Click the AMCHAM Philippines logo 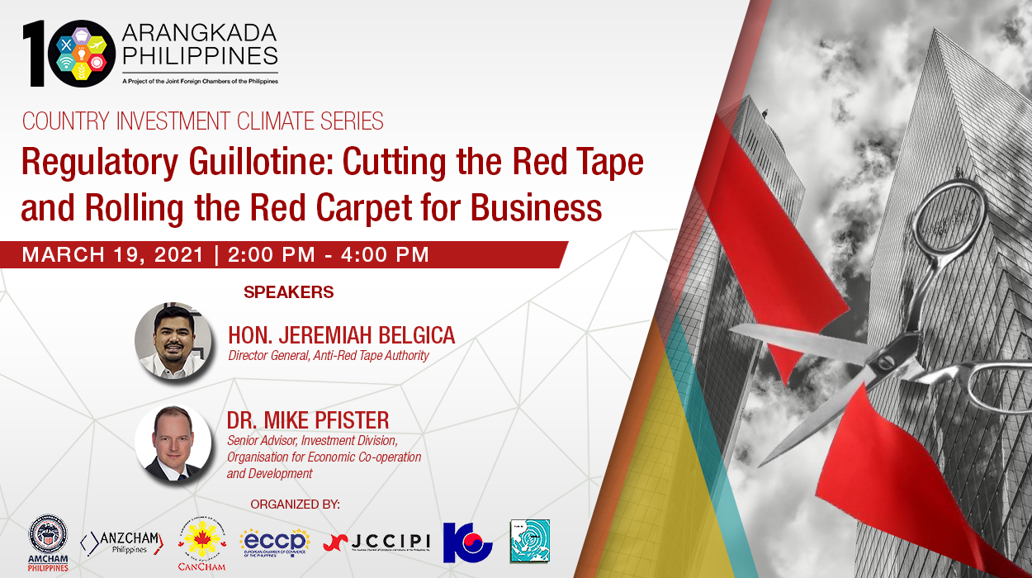click(48, 542)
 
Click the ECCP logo click(275, 542)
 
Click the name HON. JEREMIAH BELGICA click(341, 335)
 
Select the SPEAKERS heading click(288, 292)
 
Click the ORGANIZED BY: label click(295, 505)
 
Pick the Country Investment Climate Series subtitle click(203, 121)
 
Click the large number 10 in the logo click(66, 54)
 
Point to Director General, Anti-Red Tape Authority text click(329, 356)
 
